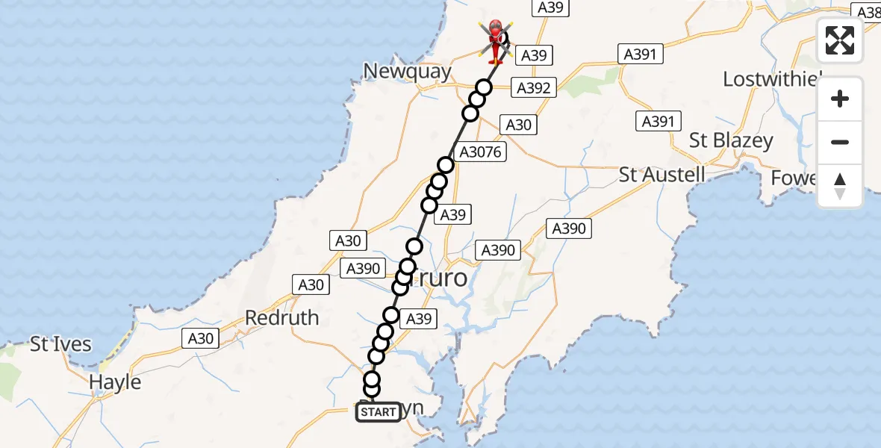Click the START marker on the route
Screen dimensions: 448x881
(x=378, y=412)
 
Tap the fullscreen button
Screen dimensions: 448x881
(x=840, y=40)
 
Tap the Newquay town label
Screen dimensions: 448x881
(x=407, y=72)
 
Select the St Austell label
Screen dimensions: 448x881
(x=662, y=175)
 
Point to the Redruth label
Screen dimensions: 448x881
(x=282, y=318)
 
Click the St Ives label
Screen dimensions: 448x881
(x=60, y=345)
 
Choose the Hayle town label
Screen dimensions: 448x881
(x=115, y=382)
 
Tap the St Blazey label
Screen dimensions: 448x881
(x=731, y=140)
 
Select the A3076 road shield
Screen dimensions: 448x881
(x=482, y=152)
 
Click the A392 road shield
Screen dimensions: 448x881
(x=533, y=88)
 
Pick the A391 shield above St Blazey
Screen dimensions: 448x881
(x=658, y=122)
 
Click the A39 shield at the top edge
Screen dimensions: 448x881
(x=552, y=8)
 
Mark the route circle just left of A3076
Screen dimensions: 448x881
(x=446, y=165)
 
